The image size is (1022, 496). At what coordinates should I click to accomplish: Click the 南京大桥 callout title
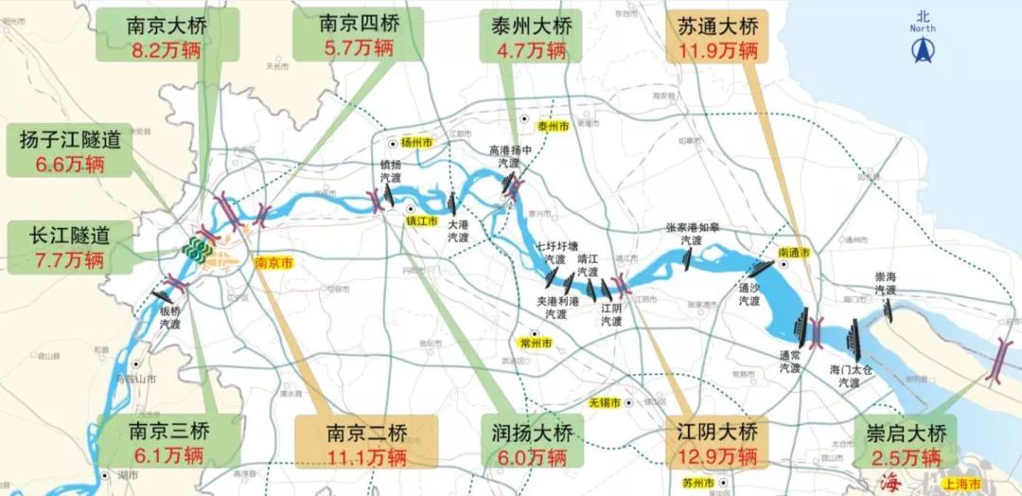coord(167,26)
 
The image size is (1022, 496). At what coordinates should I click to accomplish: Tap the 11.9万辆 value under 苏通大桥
coord(716,48)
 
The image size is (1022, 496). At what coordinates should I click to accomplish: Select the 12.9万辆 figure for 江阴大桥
coord(716,458)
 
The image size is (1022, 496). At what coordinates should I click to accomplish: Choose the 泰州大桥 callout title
coord(522,25)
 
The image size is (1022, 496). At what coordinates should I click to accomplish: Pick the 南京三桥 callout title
coord(167,434)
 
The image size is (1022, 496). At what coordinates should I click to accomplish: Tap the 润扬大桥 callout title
coord(532,434)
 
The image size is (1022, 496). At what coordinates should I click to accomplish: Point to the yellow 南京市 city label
coord(273,265)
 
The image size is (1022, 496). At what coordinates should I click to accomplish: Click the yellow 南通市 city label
coord(794,253)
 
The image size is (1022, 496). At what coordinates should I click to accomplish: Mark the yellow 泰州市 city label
coord(552,126)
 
